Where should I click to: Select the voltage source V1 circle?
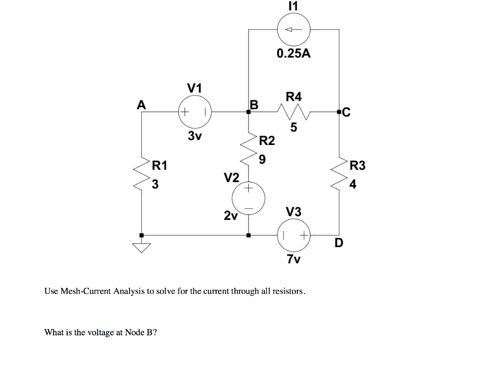(x=195, y=112)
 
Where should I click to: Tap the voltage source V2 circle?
(x=248, y=198)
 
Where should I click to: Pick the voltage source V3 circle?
(x=294, y=236)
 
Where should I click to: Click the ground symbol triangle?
(x=142, y=248)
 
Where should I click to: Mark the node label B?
(x=254, y=104)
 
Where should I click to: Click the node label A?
(x=141, y=104)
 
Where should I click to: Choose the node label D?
(x=338, y=243)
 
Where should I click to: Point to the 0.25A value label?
(x=293, y=54)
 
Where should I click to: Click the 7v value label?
(x=293, y=259)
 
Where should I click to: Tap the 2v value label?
(x=231, y=216)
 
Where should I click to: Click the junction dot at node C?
(x=339, y=113)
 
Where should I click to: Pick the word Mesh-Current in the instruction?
(x=86, y=291)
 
